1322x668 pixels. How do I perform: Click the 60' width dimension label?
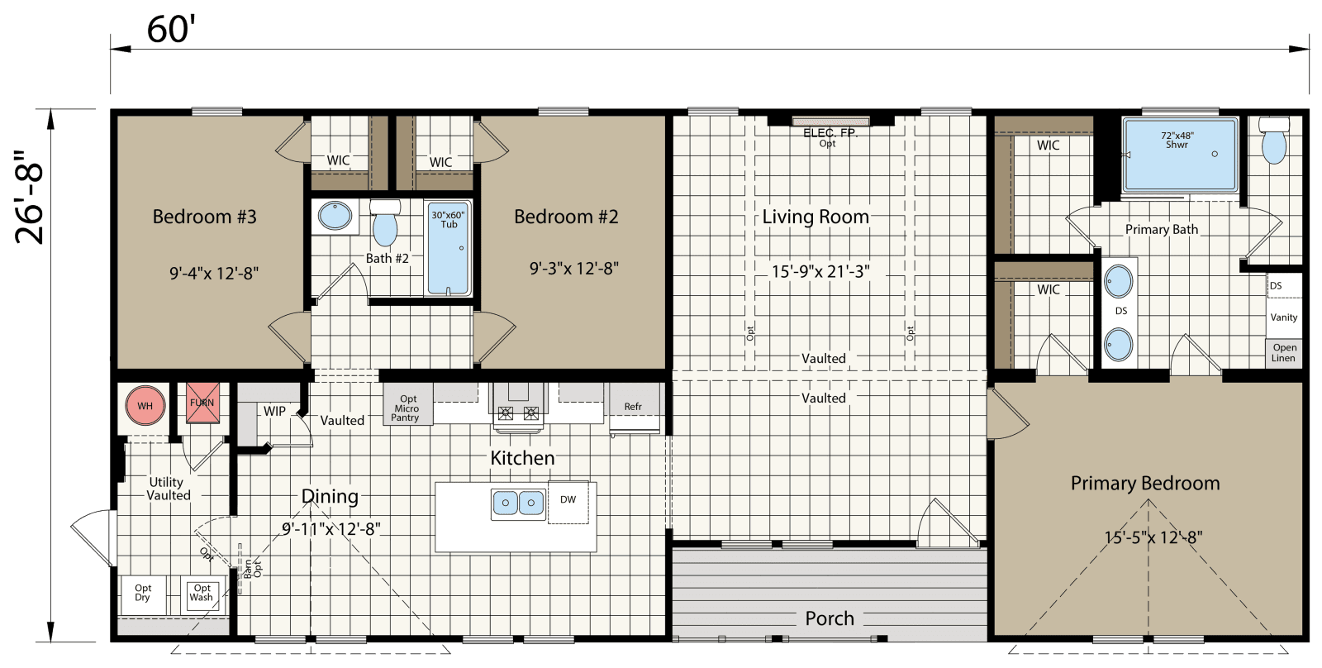click(170, 29)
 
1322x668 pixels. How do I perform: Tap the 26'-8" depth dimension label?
click(31, 198)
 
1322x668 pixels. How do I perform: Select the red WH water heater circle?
click(145, 406)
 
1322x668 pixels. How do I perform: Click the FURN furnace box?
click(202, 403)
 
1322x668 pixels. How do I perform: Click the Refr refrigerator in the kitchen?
click(634, 407)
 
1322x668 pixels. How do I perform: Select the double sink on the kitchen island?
click(518, 503)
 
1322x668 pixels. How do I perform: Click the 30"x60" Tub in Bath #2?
click(449, 248)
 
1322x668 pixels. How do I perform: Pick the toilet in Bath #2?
click(384, 224)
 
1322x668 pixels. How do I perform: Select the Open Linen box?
click(1284, 353)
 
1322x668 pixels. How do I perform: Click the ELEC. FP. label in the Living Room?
click(830, 133)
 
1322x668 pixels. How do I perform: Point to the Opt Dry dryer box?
click(143, 594)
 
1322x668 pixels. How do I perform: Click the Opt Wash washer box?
click(202, 594)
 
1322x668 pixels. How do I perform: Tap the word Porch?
click(830, 618)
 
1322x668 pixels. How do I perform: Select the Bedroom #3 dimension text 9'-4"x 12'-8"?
click(214, 273)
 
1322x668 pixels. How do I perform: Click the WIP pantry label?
click(274, 412)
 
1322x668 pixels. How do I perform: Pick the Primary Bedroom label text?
click(1144, 484)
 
